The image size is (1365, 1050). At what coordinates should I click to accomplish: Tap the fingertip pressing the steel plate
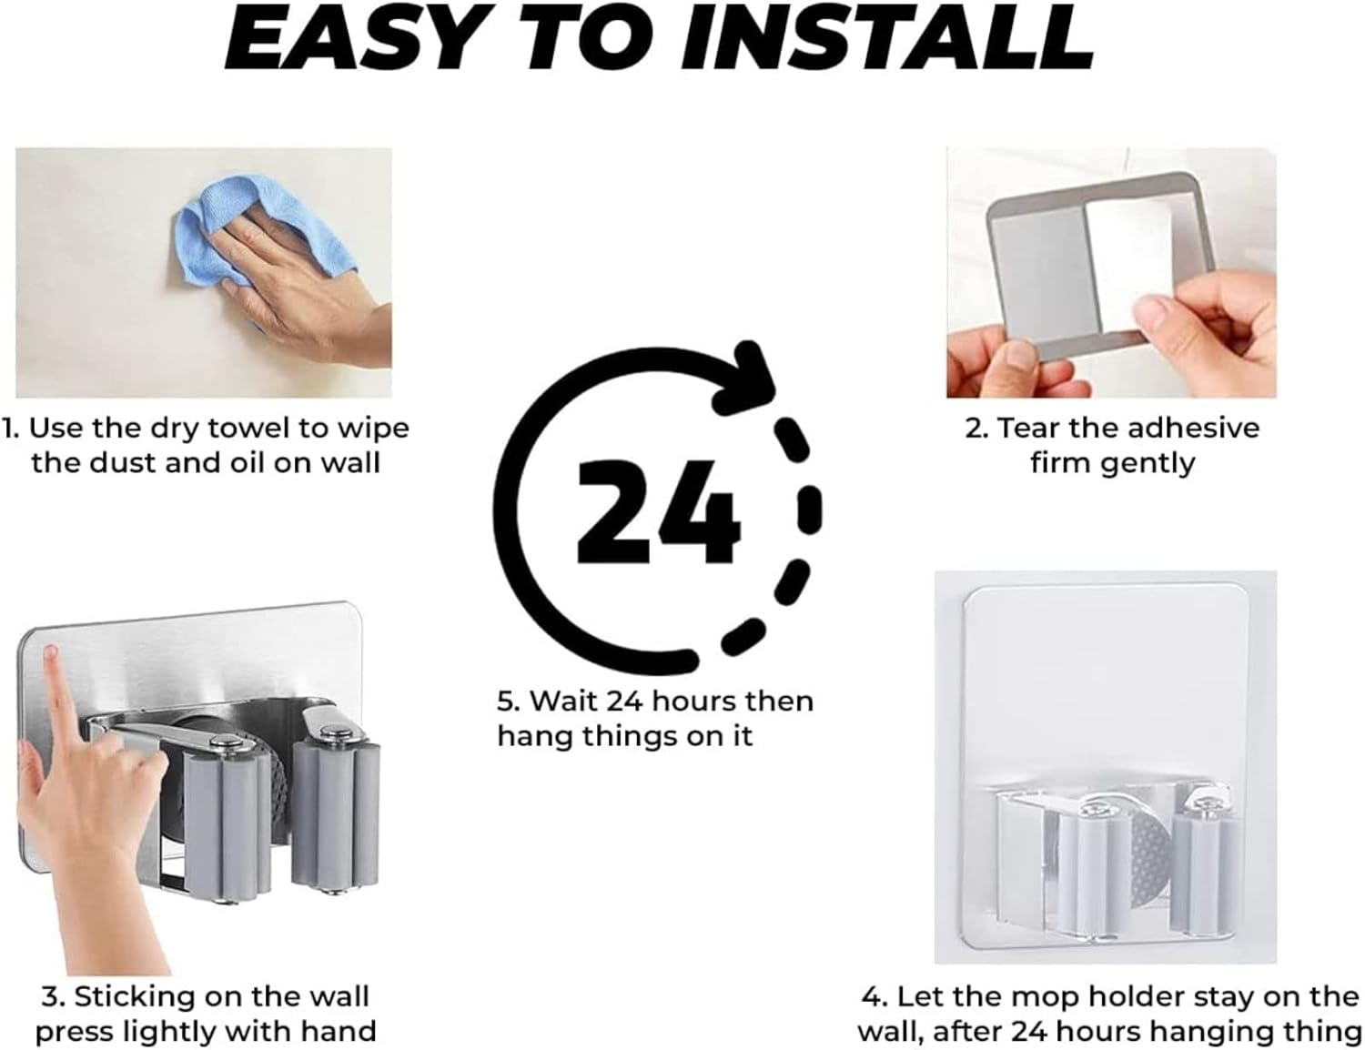click(50, 654)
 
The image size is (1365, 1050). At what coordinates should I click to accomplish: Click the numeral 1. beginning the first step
click(11, 429)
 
